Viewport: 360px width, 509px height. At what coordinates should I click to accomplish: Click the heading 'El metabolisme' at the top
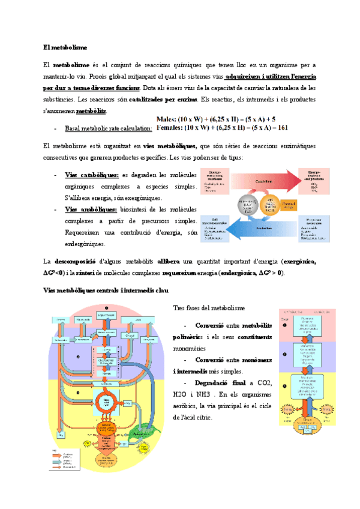[65, 46]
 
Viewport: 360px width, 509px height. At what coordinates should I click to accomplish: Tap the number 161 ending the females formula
[283, 127]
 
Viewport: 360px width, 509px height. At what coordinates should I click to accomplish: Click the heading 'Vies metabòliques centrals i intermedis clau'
[105, 291]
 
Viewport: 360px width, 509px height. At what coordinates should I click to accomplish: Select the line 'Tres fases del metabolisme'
[209, 308]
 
